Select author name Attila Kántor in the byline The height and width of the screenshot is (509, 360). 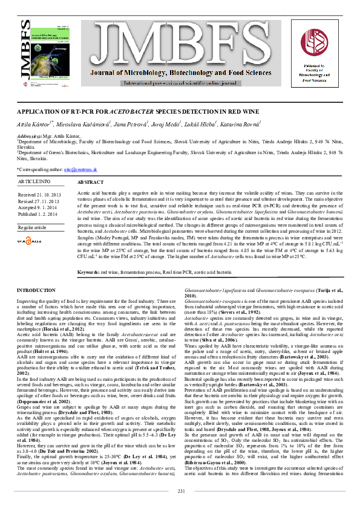(32, 123)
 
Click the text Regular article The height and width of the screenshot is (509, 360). (32, 227)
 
